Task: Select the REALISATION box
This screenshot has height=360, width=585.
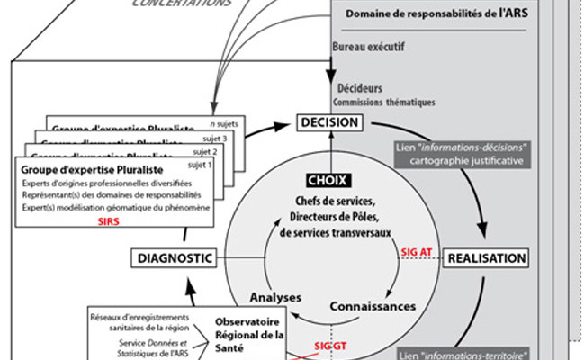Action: pos(487,258)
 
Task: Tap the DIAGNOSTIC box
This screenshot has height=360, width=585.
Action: pos(175,258)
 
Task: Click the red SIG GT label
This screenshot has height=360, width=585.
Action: pos(328,346)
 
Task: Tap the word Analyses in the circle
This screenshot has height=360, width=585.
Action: pos(276,297)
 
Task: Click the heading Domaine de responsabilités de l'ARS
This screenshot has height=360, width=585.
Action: pos(442,16)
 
